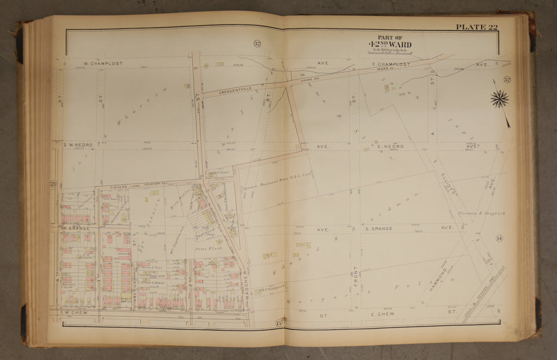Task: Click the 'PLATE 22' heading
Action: tap(476, 27)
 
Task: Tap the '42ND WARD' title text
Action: tap(389, 44)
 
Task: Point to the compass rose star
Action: tap(499, 98)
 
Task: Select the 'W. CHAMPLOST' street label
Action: tap(103, 64)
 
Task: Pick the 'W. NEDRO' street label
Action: tap(79, 145)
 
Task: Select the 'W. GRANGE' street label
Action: tap(76, 228)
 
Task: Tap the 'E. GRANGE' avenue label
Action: tap(383, 228)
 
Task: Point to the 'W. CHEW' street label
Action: tap(74, 313)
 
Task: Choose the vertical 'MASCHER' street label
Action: tap(246, 281)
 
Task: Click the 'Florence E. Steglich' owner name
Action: tap(481, 213)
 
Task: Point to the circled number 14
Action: tap(499, 238)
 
